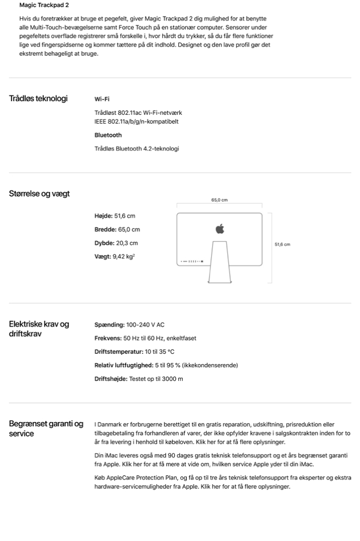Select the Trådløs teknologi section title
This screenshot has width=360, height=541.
pos(38,98)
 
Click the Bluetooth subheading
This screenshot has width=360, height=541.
pos(108,135)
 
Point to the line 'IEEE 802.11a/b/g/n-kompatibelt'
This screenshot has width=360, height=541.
pos(136,122)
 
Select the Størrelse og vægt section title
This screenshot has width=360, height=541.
pos(39,194)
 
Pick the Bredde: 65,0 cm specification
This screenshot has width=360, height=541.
pos(117,229)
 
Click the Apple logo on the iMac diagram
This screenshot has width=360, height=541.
pos(219,229)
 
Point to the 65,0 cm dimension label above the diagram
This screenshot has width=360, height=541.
pos(219,200)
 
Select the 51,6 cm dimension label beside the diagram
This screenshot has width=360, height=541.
pos(283,245)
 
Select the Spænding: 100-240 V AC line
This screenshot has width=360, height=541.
pos(129,325)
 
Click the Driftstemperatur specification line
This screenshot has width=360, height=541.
pos(134,352)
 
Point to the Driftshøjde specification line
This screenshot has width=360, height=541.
pos(138,379)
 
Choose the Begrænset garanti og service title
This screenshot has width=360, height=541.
pos(46,429)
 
